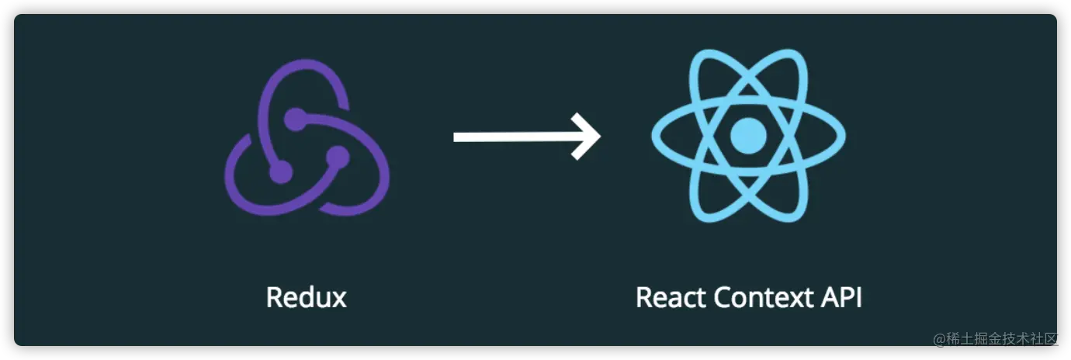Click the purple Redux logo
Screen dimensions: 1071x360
coord(307,140)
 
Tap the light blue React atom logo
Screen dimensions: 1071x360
coord(748,135)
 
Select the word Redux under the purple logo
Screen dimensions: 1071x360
coord(306,298)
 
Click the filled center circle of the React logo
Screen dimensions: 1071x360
coord(748,135)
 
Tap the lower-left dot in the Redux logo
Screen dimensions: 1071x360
coord(280,172)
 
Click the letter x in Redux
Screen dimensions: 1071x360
coord(338,299)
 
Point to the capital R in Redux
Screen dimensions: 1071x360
coord(274,298)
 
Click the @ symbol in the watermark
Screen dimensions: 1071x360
coord(938,339)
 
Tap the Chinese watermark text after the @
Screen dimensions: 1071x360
coord(1001,339)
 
